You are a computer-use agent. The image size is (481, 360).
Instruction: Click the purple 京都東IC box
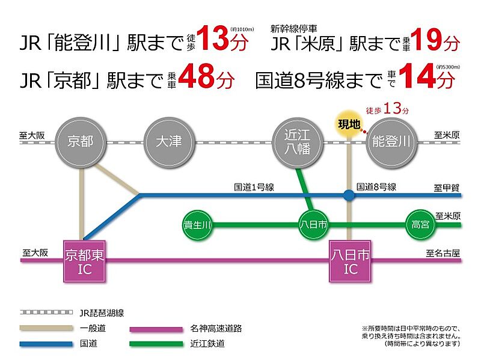pyautogui.click(x=85, y=261)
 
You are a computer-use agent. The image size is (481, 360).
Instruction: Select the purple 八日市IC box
pyautogui.click(x=350, y=261)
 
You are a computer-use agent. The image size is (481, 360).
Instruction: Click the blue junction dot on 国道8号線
pyautogui.click(x=349, y=195)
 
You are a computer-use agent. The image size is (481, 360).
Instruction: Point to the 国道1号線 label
pyautogui.click(x=254, y=187)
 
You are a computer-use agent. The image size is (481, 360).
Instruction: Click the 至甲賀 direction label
pyautogui.click(x=446, y=188)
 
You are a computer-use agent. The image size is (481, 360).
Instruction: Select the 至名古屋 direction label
pyautogui.click(x=443, y=254)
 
